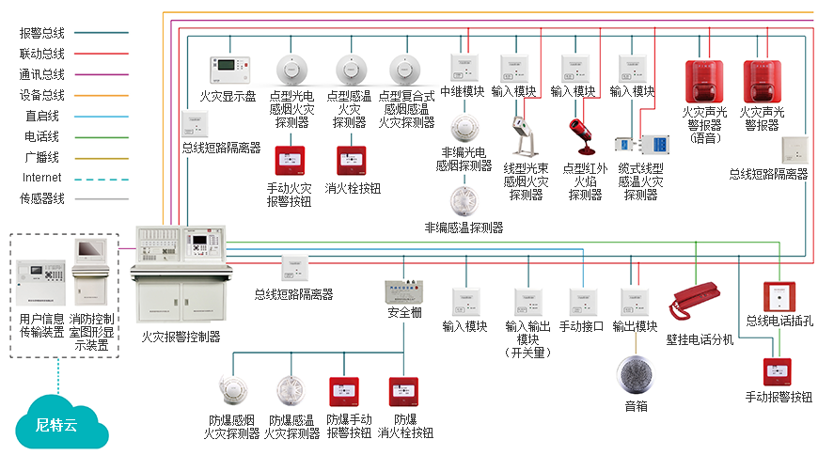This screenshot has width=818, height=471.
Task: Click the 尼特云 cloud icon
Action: coord(56,425)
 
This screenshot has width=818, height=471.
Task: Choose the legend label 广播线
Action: coord(41,157)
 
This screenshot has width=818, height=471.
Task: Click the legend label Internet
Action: coord(41,178)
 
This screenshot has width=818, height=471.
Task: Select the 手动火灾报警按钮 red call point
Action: coord(289,161)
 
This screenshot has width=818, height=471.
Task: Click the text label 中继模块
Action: coord(463,92)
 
